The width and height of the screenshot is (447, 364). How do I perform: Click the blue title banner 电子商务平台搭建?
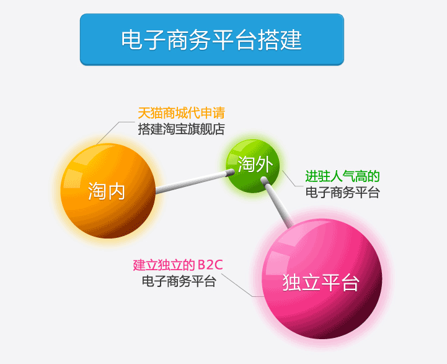[x=212, y=39]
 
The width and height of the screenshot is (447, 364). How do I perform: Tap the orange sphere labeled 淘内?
[x=108, y=191]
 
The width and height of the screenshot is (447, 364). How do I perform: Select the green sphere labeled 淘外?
[x=252, y=166]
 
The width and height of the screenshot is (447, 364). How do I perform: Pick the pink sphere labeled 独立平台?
[x=322, y=279]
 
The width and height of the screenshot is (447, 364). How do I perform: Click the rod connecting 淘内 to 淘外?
[x=195, y=181]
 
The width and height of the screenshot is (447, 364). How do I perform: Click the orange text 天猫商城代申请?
[x=181, y=113]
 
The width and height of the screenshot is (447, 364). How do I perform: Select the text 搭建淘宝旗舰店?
[x=181, y=129]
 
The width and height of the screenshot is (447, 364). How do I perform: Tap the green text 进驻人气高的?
[x=342, y=176]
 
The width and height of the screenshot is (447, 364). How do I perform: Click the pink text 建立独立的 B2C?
[x=178, y=265]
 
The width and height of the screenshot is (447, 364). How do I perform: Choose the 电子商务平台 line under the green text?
[x=342, y=193]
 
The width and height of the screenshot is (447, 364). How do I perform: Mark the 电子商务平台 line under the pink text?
[x=179, y=281]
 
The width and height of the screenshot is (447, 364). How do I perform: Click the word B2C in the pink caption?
[x=210, y=265]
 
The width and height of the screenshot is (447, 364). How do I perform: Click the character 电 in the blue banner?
[x=131, y=40]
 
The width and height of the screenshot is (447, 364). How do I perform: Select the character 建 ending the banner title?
[x=291, y=40]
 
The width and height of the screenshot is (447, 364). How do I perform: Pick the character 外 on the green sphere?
[x=264, y=164]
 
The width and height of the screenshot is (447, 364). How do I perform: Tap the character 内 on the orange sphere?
[x=116, y=191]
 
